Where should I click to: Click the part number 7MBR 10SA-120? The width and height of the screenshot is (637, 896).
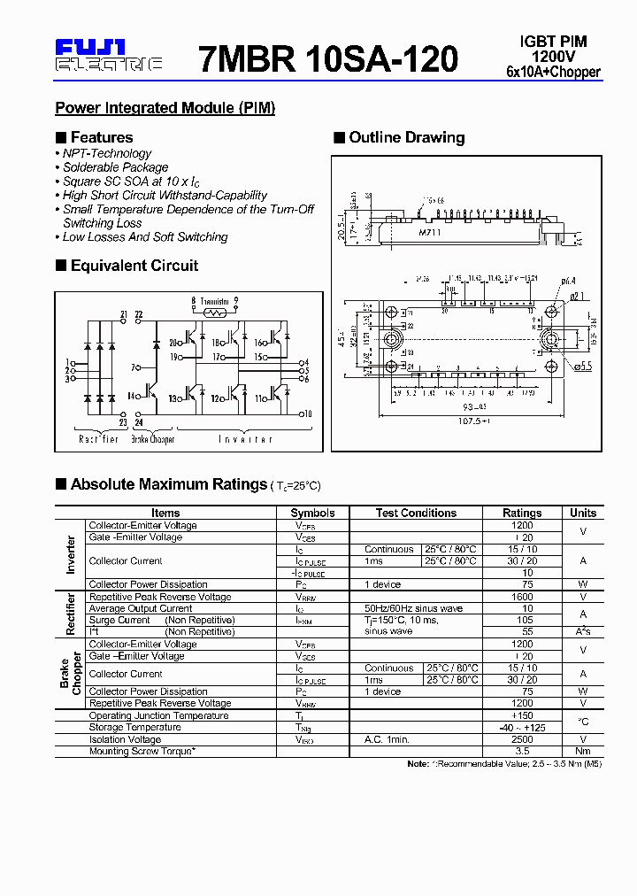328,58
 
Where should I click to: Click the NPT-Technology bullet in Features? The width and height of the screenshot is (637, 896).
106,153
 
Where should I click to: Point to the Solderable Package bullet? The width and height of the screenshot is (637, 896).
115,167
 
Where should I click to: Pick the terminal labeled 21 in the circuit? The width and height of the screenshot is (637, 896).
124,314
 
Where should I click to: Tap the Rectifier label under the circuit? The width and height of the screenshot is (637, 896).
98,439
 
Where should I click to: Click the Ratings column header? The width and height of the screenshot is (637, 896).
522,513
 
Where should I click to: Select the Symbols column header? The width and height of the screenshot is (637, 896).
312,513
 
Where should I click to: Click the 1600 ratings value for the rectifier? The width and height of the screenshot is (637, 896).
522,597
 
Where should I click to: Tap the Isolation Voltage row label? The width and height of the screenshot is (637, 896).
125,739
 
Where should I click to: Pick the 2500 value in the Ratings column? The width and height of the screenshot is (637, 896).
522,739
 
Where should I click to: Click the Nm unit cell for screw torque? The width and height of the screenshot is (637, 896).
583,751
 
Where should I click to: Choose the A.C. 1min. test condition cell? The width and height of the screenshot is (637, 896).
387,739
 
